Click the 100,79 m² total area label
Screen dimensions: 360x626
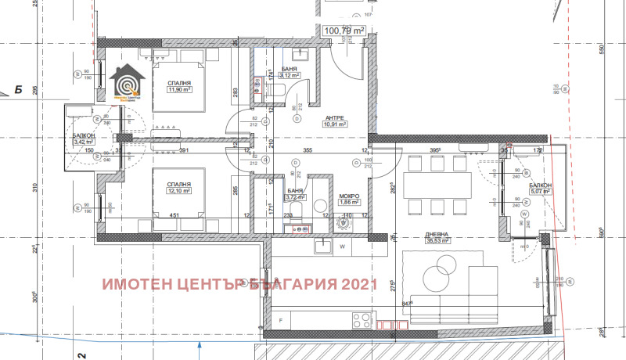(345, 31)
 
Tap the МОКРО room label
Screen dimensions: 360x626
(348, 196)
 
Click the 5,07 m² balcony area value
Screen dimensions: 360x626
(540, 192)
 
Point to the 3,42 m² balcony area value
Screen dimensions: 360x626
(84, 142)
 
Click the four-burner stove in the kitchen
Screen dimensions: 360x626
(363, 321)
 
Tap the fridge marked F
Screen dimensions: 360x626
(280, 321)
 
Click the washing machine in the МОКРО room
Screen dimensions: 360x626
(345, 222)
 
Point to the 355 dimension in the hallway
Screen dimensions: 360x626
(308, 150)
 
